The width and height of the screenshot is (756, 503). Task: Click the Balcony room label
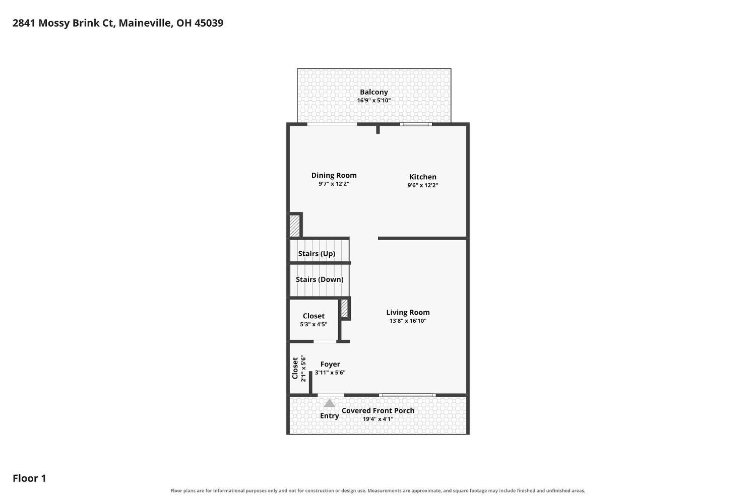coord(373,92)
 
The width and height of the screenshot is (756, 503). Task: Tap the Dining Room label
coord(334,175)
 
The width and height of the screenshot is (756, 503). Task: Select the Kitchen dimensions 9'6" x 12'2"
coord(422,185)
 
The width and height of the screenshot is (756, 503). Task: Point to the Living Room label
coord(408,313)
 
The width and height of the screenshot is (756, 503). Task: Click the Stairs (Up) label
coord(317,254)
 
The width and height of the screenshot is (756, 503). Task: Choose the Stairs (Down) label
coord(320,279)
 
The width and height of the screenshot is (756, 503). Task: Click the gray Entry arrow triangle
coord(330,403)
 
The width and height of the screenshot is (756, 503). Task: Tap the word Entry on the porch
coord(330,416)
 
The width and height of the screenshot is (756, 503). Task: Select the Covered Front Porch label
coord(378,411)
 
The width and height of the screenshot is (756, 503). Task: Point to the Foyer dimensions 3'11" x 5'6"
coord(330,373)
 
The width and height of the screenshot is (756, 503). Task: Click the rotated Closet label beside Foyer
coord(295,368)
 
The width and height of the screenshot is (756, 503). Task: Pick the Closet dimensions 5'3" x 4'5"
coord(313,324)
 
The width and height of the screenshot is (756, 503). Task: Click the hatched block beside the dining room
coord(294,226)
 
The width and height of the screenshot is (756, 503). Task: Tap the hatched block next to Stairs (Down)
coord(344,309)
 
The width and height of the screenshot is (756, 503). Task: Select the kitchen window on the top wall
coord(416,124)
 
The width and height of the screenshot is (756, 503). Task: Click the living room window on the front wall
coord(407,395)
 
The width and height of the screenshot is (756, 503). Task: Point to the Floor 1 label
coord(29,478)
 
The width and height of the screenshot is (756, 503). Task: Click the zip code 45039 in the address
coord(209,23)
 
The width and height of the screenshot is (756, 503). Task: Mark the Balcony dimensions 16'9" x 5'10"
coord(374,101)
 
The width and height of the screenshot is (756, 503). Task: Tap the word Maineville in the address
coord(146,23)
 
